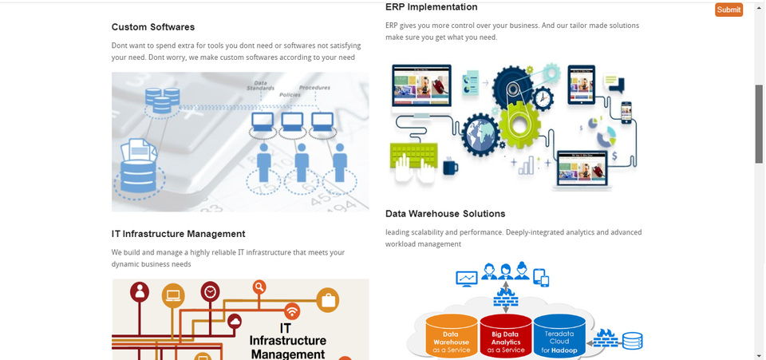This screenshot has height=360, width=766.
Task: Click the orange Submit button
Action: [728, 10]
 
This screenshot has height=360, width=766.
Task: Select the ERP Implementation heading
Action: [431, 7]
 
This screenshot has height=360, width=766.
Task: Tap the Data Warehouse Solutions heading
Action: [445, 214]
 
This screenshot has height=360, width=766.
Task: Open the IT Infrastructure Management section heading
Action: [178, 234]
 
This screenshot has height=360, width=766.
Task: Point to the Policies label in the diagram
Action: [290, 94]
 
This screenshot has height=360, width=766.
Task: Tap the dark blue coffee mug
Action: [451, 166]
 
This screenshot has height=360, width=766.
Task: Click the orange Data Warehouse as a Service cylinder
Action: [451, 335]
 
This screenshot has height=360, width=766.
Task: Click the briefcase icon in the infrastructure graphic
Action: [327, 300]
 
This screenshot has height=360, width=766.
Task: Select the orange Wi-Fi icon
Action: [292, 311]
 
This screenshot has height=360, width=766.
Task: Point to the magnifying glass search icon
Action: [259, 287]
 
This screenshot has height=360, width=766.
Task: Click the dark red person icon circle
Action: [141, 291]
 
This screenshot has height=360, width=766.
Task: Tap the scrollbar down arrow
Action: [759, 354]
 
